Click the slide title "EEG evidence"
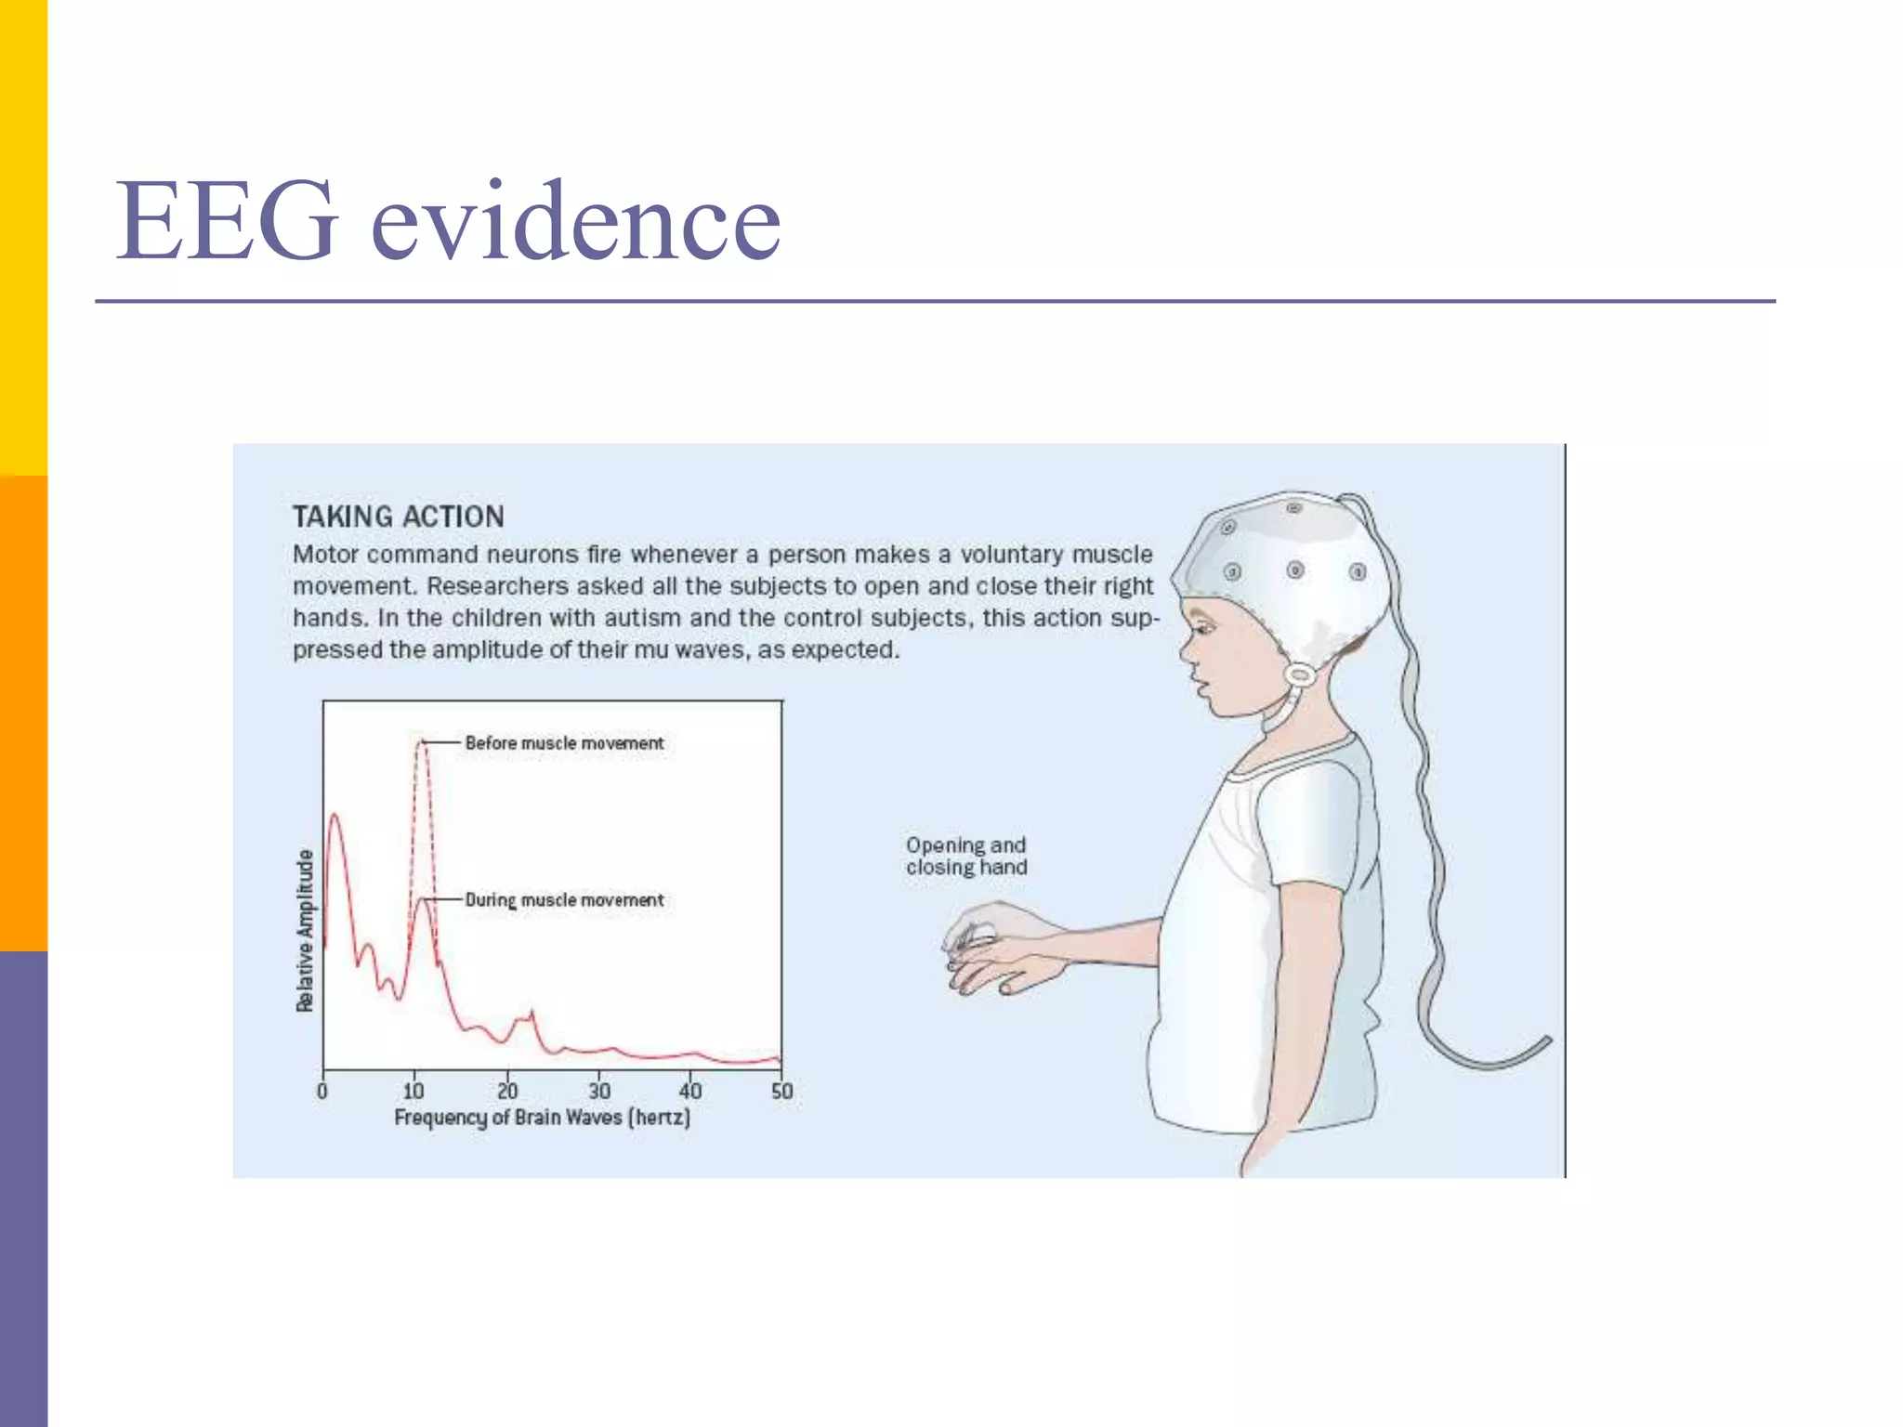coord(448,223)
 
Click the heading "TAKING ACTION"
coord(399,517)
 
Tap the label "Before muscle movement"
coord(564,743)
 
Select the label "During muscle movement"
coord(564,900)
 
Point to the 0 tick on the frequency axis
coord(322,1091)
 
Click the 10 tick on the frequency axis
coord(414,1091)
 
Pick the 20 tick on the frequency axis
coord(506,1091)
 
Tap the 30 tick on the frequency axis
coord(598,1091)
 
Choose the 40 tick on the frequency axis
coord(689,1091)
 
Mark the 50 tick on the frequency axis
coord(781,1091)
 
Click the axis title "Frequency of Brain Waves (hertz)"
coord(543,1118)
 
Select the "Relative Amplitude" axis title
coord(305,930)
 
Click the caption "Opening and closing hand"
coord(966,856)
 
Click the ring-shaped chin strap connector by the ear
coord(1300,674)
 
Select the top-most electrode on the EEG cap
coord(1294,508)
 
